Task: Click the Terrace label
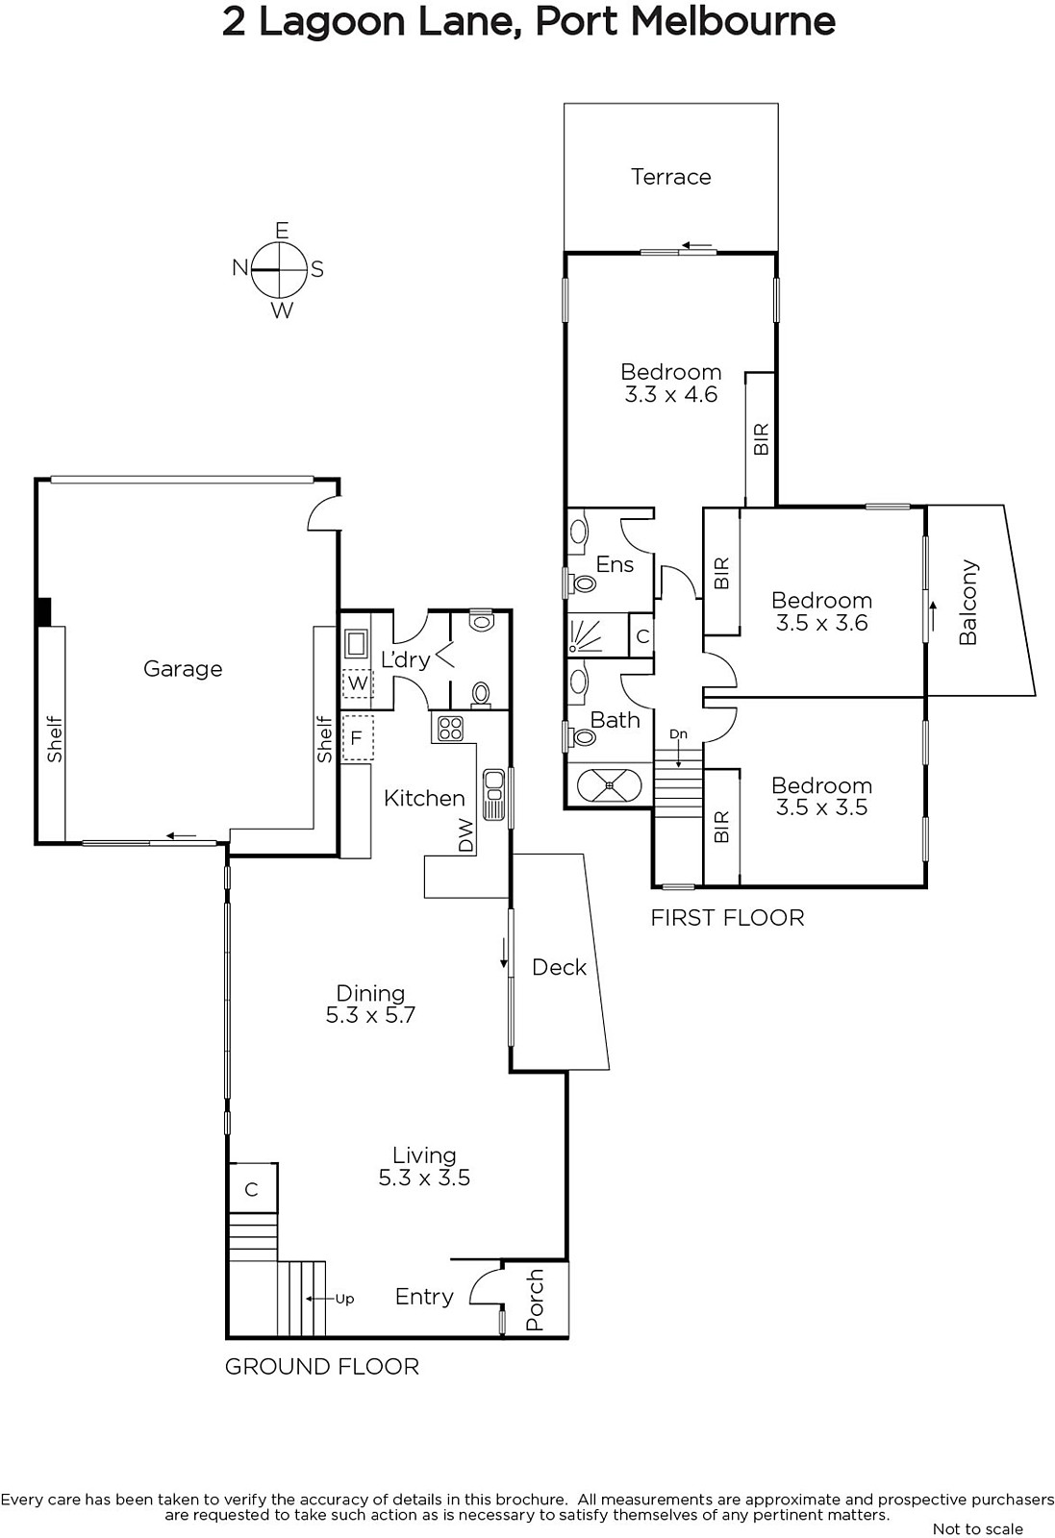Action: coord(670,177)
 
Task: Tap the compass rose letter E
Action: coord(282,231)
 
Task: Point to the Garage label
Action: coord(183,669)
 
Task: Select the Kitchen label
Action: coord(424,798)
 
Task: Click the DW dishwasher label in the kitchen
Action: coord(465,835)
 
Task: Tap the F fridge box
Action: coord(357,738)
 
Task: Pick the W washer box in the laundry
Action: coord(357,683)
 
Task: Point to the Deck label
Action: coord(559,967)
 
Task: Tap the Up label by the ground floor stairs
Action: coord(344,1299)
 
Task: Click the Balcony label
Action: coord(967,603)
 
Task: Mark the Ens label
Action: coord(615,564)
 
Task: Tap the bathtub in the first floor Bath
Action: coord(609,784)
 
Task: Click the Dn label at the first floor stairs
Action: coord(678,734)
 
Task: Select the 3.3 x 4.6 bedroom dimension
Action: coord(670,395)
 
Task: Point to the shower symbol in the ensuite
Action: coord(585,635)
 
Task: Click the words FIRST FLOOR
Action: coord(727,918)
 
